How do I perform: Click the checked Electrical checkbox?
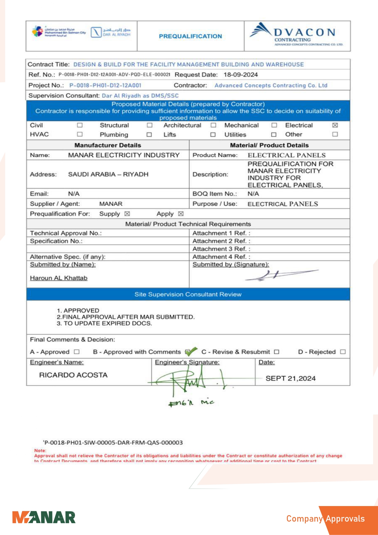click(x=335, y=125)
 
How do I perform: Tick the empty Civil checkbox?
click(x=80, y=125)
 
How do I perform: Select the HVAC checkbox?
click(x=80, y=134)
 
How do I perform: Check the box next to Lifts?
click(x=213, y=134)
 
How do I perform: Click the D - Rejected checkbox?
click(x=343, y=352)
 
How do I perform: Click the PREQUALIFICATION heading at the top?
click(x=191, y=36)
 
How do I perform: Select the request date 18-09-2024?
click(x=241, y=75)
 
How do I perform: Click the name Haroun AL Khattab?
click(x=59, y=278)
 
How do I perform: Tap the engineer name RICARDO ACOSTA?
click(x=73, y=375)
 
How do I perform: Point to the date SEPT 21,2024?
click(x=291, y=378)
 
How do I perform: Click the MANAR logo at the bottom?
click(x=44, y=518)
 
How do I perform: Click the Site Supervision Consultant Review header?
click(x=188, y=294)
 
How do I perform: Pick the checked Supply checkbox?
click(x=127, y=214)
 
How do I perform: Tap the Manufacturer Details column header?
click(x=108, y=145)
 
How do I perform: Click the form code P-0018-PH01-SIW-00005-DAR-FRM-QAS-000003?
click(x=113, y=442)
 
